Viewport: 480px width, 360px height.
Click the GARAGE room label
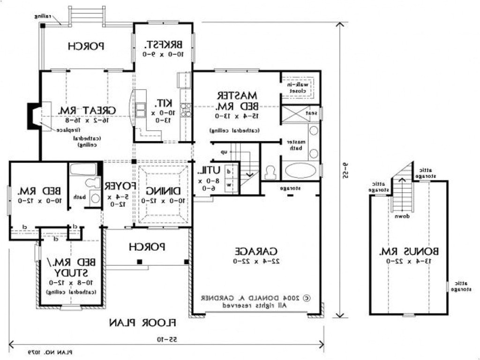point(256,251)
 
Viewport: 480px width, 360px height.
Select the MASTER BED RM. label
point(238,100)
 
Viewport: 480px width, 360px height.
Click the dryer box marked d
point(229,172)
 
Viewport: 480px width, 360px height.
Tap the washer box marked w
point(229,185)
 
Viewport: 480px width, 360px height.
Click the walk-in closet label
point(298,87)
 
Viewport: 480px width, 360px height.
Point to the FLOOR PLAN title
point(142,322)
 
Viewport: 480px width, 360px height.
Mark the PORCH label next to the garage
point(147,246)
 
